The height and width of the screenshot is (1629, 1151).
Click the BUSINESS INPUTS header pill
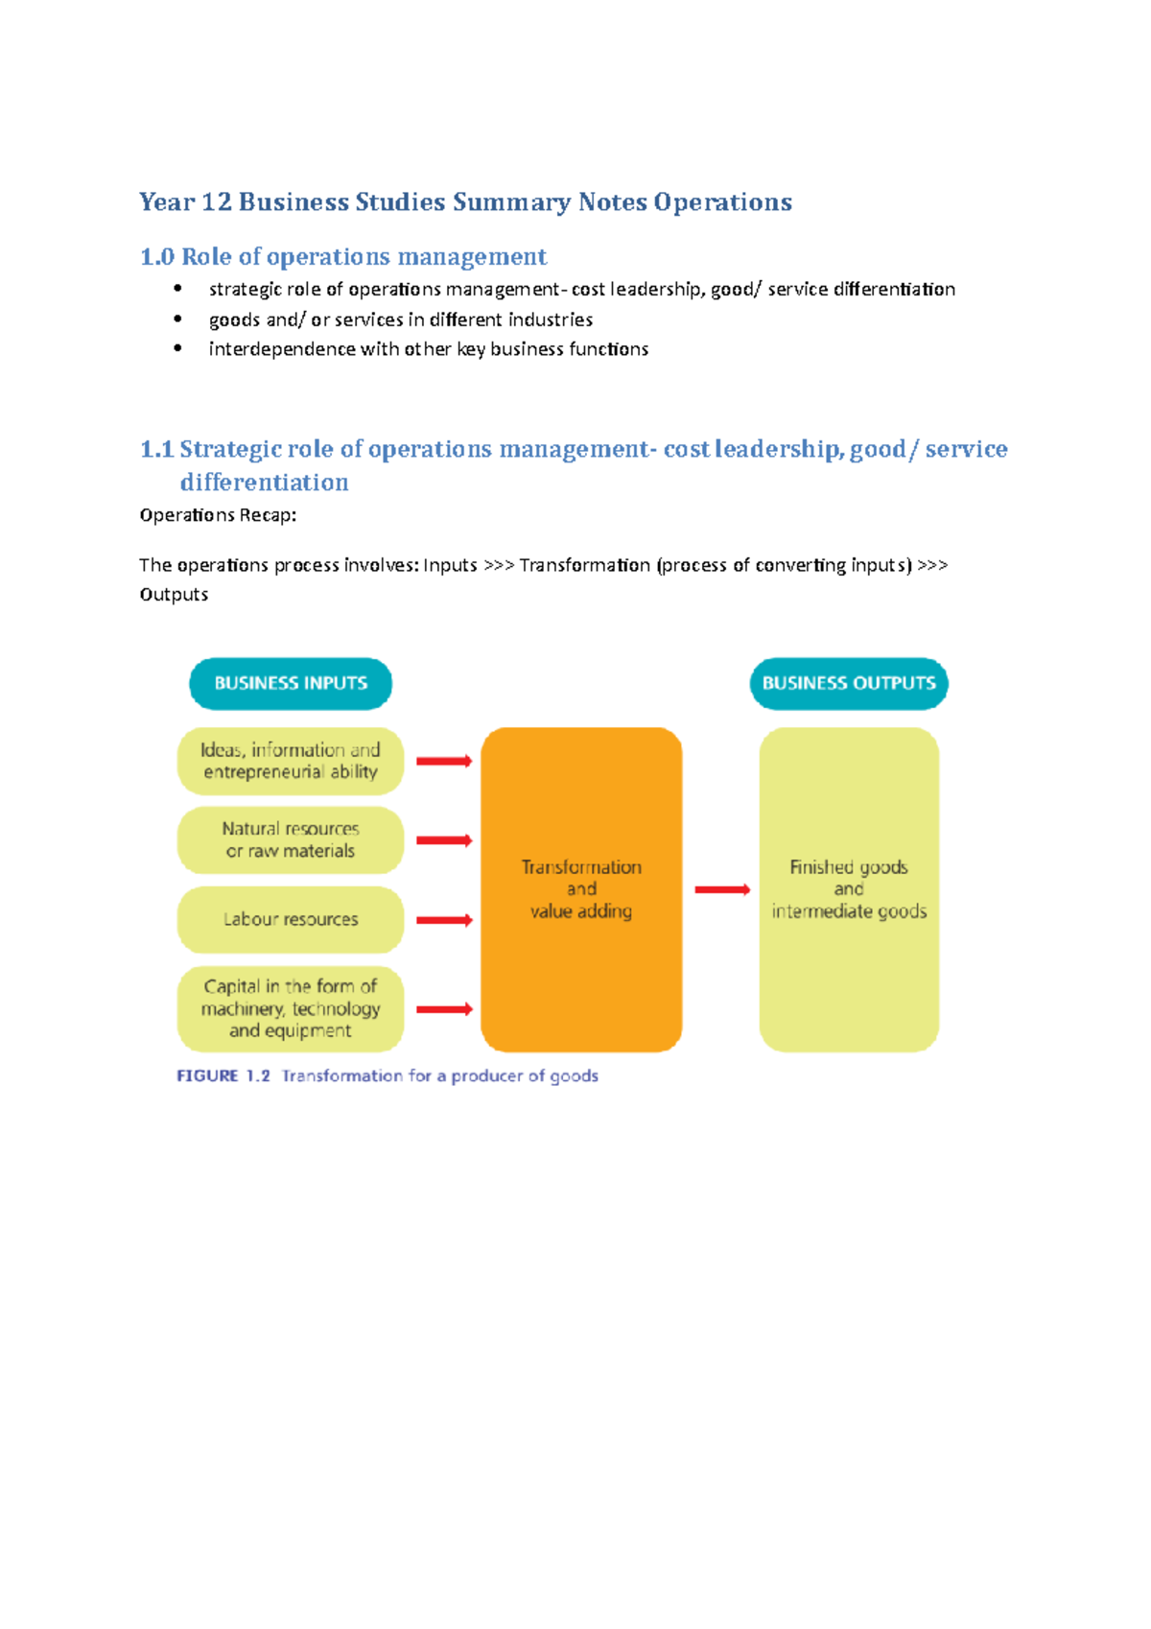pos(291,683)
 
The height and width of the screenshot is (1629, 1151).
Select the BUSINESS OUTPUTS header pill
pos(849,683)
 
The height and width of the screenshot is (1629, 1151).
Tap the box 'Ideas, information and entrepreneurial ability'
pos(291,761)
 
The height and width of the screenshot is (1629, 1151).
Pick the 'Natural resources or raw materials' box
pos(291,840)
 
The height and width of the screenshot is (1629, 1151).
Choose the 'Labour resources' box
pos(291,919)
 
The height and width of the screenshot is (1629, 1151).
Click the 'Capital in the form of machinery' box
pos(291,1008)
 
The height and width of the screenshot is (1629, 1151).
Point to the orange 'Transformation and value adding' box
pos(581,889)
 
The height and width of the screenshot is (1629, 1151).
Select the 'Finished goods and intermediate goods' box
pos(849,889)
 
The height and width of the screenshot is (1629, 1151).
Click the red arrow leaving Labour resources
pos(444,920)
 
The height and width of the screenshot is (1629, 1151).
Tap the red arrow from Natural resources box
pos(444,840)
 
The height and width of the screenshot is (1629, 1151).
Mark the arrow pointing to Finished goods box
pos(722,889)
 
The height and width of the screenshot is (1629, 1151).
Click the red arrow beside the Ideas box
pos(444,761)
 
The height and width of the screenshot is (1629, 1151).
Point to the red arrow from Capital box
pos(444,1008)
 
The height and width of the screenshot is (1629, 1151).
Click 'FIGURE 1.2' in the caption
pos(223,1075)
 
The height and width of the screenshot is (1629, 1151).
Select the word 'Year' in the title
pos(167,202)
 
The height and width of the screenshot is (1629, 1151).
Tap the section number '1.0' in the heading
pos(157,257)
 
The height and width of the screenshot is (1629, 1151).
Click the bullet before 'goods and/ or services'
pos(177,319)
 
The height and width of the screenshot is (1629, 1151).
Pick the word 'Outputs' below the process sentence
pos(174,595)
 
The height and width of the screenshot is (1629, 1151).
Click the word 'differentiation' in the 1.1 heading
pos(264,482)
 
